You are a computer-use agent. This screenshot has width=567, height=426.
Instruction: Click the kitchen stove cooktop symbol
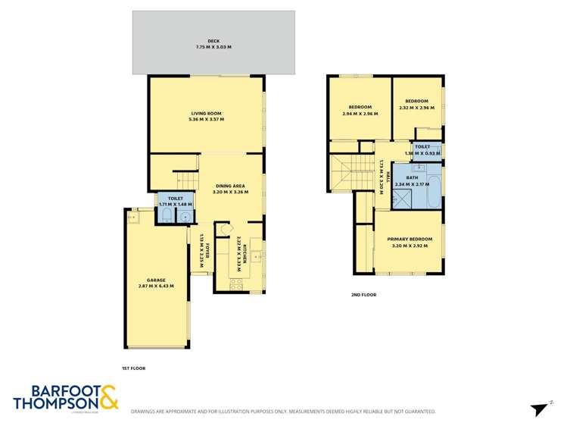[x=235, y=283]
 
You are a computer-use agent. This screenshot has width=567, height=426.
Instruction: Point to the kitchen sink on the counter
[x=257, y=256]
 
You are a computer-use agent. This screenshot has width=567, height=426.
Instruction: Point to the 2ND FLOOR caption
[x=363, y=294]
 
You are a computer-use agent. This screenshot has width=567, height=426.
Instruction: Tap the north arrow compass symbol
[x=540, y=409]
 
